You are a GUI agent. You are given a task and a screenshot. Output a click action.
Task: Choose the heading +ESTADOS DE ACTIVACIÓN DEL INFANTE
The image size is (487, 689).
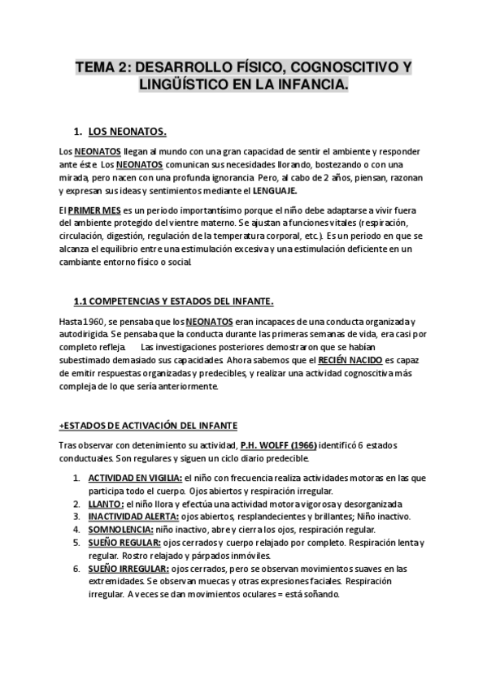coord(148,426)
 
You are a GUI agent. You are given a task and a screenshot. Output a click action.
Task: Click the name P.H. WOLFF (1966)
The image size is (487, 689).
coord(278,445)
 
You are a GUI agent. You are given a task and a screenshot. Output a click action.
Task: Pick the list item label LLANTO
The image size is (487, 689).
coord(105,504)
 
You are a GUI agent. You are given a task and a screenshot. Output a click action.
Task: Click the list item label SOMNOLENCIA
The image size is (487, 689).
coord(123,529)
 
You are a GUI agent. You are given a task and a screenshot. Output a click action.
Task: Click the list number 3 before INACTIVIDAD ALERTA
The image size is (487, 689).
coord(76,517)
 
